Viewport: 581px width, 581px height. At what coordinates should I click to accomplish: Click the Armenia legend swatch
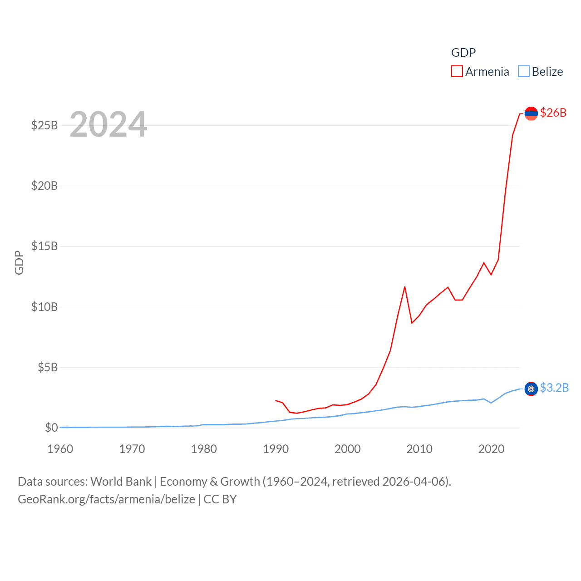coord(457,72)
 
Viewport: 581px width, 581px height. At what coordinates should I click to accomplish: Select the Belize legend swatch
coord(524,72)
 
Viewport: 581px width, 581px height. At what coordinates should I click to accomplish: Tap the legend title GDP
coord(463,53)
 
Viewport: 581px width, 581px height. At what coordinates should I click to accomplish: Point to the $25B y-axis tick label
coord(44,125)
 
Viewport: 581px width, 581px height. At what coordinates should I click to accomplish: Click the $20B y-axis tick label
coord(44,186)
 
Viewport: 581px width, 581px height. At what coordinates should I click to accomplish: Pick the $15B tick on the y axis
coord(44,246)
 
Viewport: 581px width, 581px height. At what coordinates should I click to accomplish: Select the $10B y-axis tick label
coord(44,307)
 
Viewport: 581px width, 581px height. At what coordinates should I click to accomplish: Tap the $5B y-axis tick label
coord(48,367)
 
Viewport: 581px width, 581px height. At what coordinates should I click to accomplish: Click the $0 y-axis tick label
coord(51,428)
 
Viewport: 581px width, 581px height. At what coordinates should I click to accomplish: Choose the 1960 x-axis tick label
coord(60,449)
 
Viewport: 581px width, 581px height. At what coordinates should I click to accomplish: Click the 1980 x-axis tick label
coord(204,449)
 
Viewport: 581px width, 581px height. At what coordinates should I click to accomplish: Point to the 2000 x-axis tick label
coord(348,449)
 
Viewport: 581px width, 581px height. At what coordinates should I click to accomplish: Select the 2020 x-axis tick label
coord(491,449)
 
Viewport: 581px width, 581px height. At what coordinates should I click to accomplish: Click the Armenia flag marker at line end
coord(531,113)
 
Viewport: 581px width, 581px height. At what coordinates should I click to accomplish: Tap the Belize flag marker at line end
coord(531,389)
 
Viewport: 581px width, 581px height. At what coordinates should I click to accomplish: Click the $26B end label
coord(553,113)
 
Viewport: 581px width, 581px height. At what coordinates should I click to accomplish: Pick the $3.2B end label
coord(554,388)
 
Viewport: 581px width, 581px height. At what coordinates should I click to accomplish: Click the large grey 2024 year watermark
coord(108,124)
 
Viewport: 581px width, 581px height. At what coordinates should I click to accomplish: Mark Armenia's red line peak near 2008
coord(404,287)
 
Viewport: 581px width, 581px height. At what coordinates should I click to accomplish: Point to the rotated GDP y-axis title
coord(19,262)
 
